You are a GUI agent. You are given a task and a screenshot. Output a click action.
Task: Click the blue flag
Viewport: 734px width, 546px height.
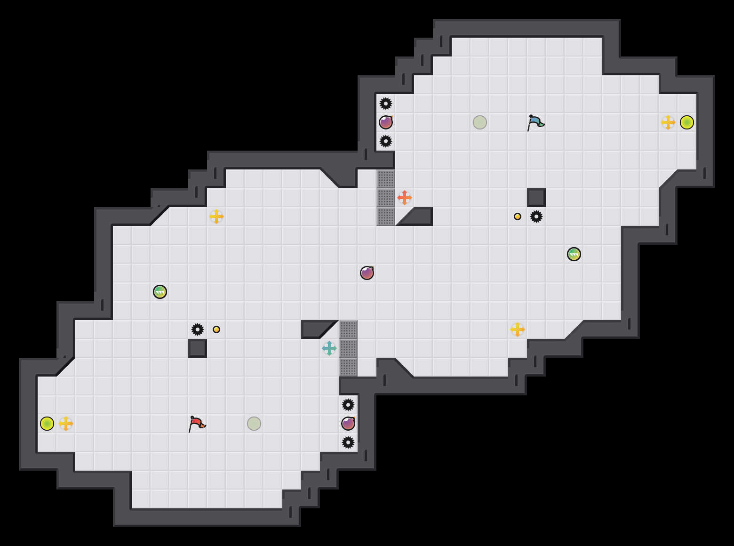[x=535, y=122]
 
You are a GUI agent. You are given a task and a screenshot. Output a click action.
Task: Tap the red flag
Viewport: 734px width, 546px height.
[x=197, y=424]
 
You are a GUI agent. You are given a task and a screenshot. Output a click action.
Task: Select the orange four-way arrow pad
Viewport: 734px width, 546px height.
[x=405, y=198]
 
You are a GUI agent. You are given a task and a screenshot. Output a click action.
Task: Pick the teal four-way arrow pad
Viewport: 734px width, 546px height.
[x=329, y=348]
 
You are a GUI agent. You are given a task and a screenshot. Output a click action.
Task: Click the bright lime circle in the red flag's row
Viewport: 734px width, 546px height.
[x=47, y=424]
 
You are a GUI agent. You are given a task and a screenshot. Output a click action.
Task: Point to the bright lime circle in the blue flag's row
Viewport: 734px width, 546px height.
[x=687, y=122]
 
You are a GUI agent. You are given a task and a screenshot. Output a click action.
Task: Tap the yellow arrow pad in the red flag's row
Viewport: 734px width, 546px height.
[x=66, y=424]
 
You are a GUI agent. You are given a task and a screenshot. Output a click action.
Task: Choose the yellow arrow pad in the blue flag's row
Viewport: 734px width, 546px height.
[x=668, y=122]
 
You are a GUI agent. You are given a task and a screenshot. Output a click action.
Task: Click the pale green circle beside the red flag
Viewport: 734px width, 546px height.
[x=254, y=424]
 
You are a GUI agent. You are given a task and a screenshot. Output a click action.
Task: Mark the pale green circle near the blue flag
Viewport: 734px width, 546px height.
[x=480, y=122]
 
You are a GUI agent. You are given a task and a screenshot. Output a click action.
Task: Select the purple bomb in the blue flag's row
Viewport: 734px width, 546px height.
[x=386, y=122]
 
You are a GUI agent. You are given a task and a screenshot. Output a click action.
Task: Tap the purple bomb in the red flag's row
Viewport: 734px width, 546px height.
[x=348, y=424]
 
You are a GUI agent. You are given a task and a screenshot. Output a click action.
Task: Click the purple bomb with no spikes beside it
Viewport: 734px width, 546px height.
[x=367, y=273]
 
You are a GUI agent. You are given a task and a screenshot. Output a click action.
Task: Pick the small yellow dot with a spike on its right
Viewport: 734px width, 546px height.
[x=518, y=217]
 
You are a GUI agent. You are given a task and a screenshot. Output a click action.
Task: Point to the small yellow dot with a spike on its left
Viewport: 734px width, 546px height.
[x=216, y=329]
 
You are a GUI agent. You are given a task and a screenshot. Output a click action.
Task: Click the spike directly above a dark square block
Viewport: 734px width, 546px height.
[x=198, y=329]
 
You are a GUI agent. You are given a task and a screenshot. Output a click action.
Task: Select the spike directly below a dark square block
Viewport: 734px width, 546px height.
[x=536, y=217]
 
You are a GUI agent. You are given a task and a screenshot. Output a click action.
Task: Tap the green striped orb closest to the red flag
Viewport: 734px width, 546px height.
[x=160, y=292]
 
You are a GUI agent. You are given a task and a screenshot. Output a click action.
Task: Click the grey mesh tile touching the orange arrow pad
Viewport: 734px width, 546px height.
[x=386, y=198]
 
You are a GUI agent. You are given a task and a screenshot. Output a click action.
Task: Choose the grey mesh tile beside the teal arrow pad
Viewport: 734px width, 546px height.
[x=348, y=348]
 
